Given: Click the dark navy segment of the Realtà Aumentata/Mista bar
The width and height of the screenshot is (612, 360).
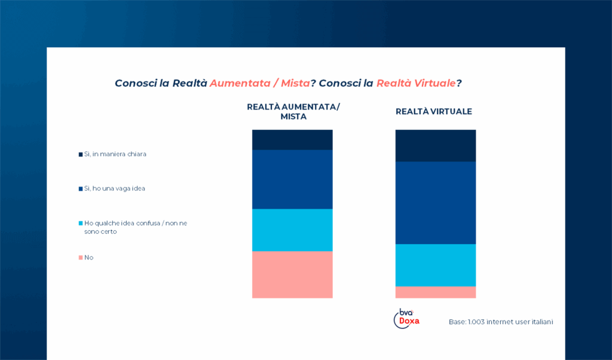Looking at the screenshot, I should click(x=292, y=139).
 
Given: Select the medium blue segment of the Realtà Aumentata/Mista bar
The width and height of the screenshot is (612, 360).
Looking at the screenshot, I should click(x=292, y=179).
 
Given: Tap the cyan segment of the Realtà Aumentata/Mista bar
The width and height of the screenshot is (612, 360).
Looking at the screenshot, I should click(x=292, y=230).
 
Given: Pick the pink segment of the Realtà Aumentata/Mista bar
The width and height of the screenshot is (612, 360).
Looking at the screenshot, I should click(x=292, y=274).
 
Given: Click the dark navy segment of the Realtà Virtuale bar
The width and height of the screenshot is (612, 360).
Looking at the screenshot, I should click(x=436, y=145).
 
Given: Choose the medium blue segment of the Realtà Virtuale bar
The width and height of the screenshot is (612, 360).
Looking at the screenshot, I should click(x=436, y=203).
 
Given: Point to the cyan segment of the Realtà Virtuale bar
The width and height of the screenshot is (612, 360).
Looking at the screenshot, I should click(x=436, y=265).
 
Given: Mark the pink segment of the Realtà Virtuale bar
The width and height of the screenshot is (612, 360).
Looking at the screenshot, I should click(x=436, y=292).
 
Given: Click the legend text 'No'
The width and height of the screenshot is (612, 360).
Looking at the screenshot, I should click(x=89, y=257).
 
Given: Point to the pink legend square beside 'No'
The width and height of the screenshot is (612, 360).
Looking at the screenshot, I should click(x=81, y=258).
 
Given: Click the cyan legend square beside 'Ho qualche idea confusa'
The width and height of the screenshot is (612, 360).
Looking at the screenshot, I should click(x=81, y=223).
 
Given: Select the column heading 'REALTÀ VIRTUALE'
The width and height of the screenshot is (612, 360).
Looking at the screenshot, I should click(x=434, y=112).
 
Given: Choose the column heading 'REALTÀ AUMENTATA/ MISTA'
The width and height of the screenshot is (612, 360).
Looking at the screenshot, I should click(x=293, y=112).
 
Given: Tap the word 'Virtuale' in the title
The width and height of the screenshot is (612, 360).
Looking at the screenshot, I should click(x=434, y=83).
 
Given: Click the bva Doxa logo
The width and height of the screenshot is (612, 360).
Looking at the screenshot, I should click(x=408, y=318).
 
